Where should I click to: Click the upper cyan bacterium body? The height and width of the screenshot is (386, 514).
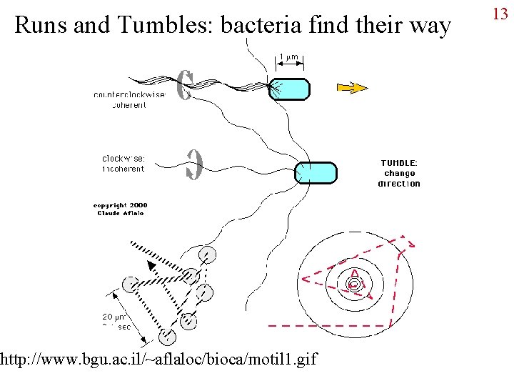click(x=290, y=89)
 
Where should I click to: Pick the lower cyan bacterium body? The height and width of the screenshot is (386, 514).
click(x=316, y=173)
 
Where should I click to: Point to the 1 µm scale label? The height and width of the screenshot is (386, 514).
click(x=288, y=57)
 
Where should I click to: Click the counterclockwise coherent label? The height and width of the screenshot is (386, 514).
click(x=130, y=99)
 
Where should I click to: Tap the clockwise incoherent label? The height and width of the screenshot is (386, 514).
click(x=123, y=164)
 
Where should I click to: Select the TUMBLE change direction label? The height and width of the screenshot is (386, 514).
click(x=399, y=173)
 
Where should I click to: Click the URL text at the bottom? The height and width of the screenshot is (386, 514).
click(x=159, y=357)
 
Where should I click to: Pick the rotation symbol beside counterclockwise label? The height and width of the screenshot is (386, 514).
click(x=184, y=85)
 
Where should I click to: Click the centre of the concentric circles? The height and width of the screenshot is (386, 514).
click(x=353, y=284)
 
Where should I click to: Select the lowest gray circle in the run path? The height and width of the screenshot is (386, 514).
click(x=168, y=337)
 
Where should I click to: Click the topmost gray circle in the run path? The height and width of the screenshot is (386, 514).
click(x=207, y=254)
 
